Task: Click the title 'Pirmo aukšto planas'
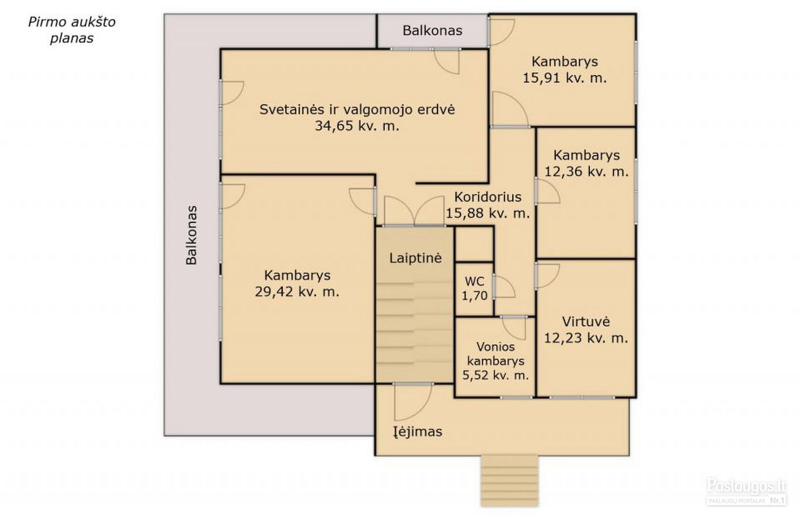[72, 30]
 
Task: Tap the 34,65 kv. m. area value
[357, 126]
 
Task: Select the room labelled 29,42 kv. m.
[297, 280]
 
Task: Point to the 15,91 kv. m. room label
[565, 70]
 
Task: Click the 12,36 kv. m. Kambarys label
[586, 163]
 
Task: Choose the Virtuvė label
[586, 322]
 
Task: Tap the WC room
[474, 289]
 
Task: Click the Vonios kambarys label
[495, 353]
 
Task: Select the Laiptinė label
[416, 258]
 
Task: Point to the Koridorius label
[488, 197]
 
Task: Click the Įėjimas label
[418, 432]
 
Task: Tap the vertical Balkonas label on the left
[191, 235]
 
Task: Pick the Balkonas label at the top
[433, 31]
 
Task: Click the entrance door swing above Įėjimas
[413, 402]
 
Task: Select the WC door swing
[504, 287]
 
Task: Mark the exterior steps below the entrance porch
[510, 480]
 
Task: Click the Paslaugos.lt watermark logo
[746, 491]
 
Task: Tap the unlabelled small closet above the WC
[474, 244]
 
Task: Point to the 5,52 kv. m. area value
[495, 375]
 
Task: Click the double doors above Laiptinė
[414, 210]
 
